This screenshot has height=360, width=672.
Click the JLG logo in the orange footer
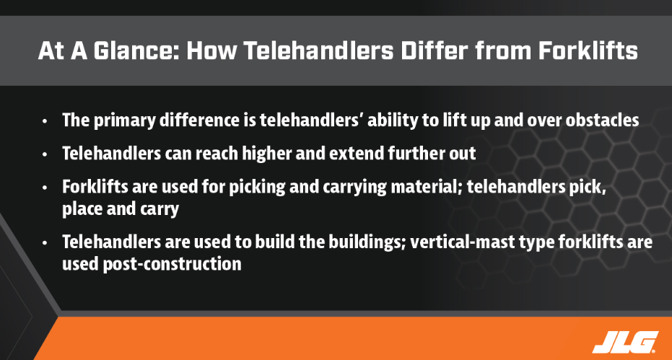coord(625,342)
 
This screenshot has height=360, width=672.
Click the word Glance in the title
coord(136,51)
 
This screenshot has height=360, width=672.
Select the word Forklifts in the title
coord(588,51)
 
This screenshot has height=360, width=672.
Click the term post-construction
coord(172,264)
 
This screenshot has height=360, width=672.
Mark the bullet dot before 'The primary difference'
coord(45,121)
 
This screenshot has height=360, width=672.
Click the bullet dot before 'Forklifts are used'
coord(45,188)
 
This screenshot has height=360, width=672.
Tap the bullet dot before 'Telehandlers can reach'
coord(45,154)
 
